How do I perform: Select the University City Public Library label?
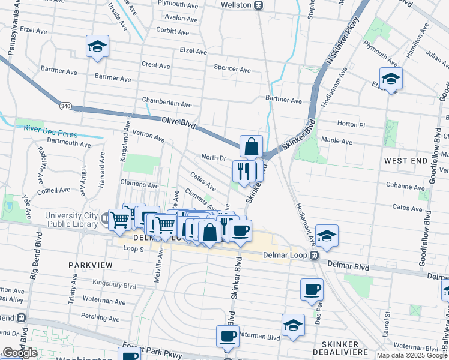72,220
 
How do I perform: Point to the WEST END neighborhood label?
405,161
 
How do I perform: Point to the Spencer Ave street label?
232,70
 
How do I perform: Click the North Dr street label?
213,157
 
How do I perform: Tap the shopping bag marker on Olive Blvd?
251,146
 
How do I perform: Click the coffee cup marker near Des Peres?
312,289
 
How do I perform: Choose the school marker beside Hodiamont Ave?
327,236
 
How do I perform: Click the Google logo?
20,353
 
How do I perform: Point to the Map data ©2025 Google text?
411,355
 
